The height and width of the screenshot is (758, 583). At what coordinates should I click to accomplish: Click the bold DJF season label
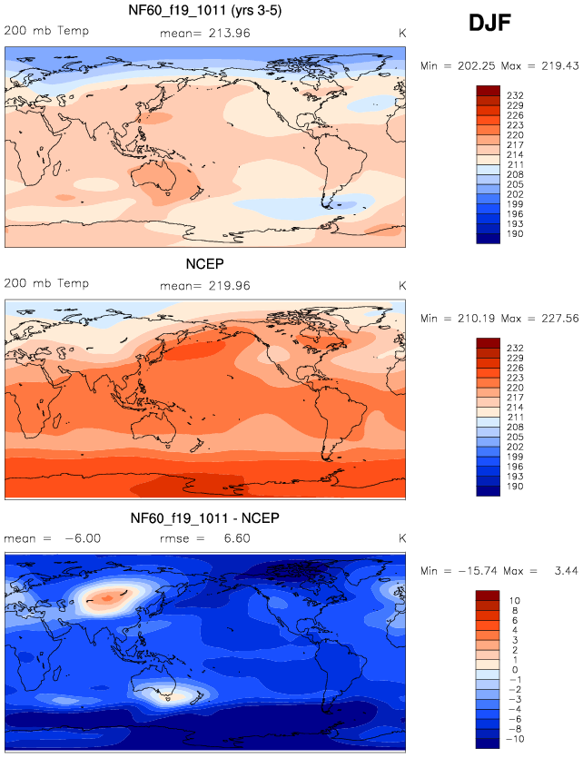489,25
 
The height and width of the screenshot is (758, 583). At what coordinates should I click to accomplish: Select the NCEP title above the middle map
204,265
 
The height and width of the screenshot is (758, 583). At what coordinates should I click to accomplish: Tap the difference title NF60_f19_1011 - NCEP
204,518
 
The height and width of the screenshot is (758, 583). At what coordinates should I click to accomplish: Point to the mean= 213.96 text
204,33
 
